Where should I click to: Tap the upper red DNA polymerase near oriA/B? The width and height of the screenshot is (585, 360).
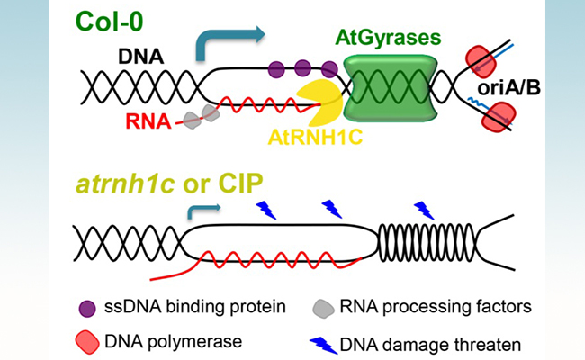pyautogui.click(x=485, y=58)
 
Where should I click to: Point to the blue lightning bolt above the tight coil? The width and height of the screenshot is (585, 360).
pyautogui.click(x=424, y=210)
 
